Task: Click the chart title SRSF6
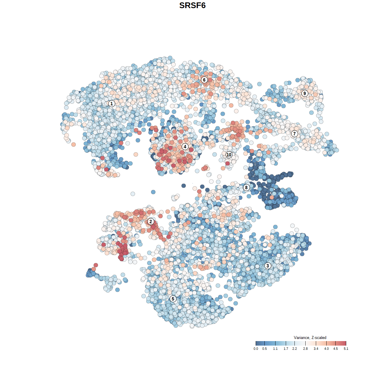192,5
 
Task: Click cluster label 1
112,103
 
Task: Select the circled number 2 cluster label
151,222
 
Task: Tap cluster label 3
268,266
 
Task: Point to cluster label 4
185,147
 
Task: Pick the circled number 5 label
173,299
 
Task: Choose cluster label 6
204,80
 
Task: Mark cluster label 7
294,134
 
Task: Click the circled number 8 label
246,188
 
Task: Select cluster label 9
305,93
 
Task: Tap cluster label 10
229,155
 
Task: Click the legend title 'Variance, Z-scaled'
310,337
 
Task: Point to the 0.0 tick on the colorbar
256,349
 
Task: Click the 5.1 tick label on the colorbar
346,349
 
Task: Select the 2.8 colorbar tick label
305,349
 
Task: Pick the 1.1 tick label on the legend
275,349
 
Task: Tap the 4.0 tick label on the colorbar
326,349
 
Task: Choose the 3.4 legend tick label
316,349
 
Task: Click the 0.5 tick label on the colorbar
264,349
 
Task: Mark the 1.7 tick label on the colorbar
286,349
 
